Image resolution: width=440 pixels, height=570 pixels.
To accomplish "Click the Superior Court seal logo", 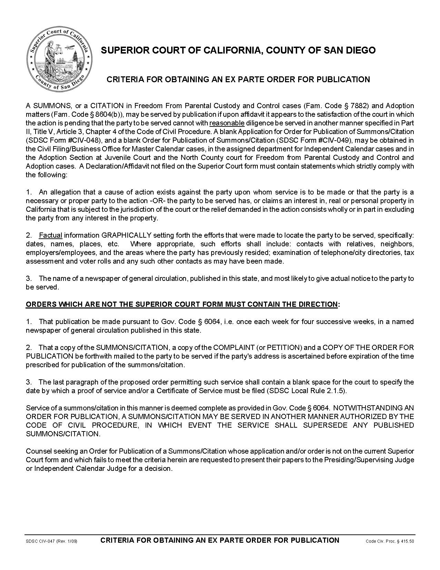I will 60,59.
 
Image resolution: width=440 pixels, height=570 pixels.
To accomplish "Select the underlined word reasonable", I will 227,123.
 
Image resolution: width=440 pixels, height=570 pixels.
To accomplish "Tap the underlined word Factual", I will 50,235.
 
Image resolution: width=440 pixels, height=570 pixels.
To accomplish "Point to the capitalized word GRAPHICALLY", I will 126,235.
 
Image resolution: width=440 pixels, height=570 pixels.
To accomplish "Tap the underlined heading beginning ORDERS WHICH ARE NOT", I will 182,304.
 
